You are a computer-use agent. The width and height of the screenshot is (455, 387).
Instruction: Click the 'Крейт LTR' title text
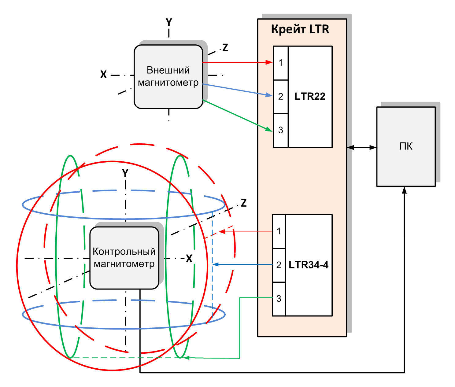click(300, 29)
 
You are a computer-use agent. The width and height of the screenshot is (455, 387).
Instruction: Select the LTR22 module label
click(310, 96)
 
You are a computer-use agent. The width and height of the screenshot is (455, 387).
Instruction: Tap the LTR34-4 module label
click(309, 265)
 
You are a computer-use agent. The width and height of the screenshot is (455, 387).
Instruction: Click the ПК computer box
click(406, 146)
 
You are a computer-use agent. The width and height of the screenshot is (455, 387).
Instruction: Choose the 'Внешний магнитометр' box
click(168, 76)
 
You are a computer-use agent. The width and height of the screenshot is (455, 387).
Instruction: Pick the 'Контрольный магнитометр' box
click(124, 258)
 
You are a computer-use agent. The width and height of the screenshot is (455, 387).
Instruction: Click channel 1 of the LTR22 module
click(281, 63)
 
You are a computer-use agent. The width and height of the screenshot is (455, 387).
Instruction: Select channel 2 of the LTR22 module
click(281, 97)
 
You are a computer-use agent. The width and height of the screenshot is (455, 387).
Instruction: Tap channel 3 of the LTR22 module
click(281, 131)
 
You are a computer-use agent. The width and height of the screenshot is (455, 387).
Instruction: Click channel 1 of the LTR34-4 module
click(279, 231)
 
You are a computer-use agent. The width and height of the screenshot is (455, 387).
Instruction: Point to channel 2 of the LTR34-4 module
click(279, 265)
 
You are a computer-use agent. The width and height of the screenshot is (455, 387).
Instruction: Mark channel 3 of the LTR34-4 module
click(279, 299)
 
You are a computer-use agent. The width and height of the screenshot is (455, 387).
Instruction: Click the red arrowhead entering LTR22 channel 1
click(269, 62)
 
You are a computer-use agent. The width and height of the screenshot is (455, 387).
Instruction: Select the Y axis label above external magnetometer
click(169, 22)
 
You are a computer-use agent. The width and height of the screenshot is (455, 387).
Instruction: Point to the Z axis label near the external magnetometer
click(225, 48)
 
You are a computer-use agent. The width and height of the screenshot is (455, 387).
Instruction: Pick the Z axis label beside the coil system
click(244, 203)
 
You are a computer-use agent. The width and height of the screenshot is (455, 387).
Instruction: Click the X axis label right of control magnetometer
click(189, 259)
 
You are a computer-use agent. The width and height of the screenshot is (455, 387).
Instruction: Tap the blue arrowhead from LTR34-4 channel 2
click(216, 264)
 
